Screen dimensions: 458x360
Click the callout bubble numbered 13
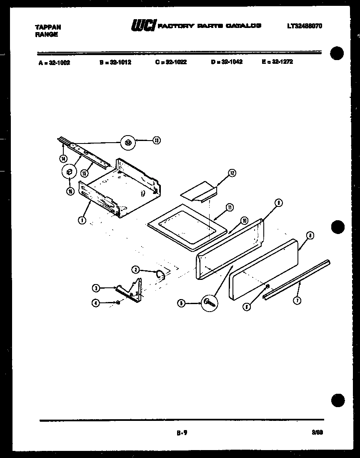(156, 141)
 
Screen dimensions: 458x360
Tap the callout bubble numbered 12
(232, 173)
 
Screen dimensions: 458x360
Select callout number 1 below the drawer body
(83, 220)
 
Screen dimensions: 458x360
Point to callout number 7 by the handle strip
(297, 300)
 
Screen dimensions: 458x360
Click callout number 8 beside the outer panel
(309, 235)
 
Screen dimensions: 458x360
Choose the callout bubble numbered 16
(70, 191)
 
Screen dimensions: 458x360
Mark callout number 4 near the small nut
(96, 304)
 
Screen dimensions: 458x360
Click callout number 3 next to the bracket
(96, 287)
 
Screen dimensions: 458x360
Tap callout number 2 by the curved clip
(135, 269)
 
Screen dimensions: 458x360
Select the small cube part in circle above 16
(70, 172)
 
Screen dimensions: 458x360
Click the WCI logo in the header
(143, 26)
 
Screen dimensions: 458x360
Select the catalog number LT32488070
(304, 26)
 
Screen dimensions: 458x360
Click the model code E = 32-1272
(277, 62)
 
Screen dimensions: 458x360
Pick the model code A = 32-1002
(54, 63)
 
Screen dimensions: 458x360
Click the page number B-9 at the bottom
(182, 433)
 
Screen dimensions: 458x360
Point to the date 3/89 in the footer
(316, 433)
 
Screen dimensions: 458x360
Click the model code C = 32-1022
(171, 62)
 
